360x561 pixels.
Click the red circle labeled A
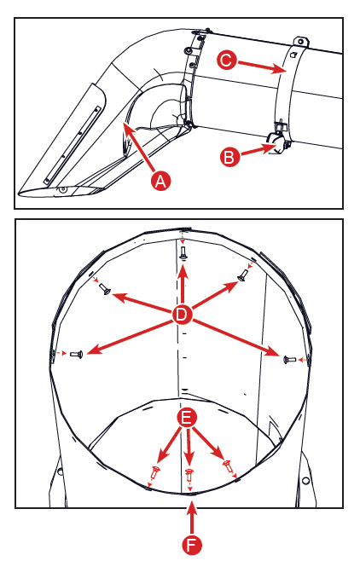point(161,182)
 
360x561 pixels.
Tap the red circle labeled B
point(229,157)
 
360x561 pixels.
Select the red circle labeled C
point(227,60)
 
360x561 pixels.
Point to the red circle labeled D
point(183,315)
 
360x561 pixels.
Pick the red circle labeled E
point(187,419)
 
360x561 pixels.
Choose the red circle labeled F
point(192,545)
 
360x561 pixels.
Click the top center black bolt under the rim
point(183,253)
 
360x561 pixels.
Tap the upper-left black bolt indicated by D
point(105,289)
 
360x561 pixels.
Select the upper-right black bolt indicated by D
point(242,275)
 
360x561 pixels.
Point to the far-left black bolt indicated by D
point(77,354)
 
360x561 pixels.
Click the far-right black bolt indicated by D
point(290,359)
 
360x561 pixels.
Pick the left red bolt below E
point(155,472)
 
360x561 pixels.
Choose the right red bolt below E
point(228,466)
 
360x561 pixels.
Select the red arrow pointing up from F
point(192,518)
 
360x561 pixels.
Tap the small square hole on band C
point(293,55)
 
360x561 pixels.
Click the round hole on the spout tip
point(63,189)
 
